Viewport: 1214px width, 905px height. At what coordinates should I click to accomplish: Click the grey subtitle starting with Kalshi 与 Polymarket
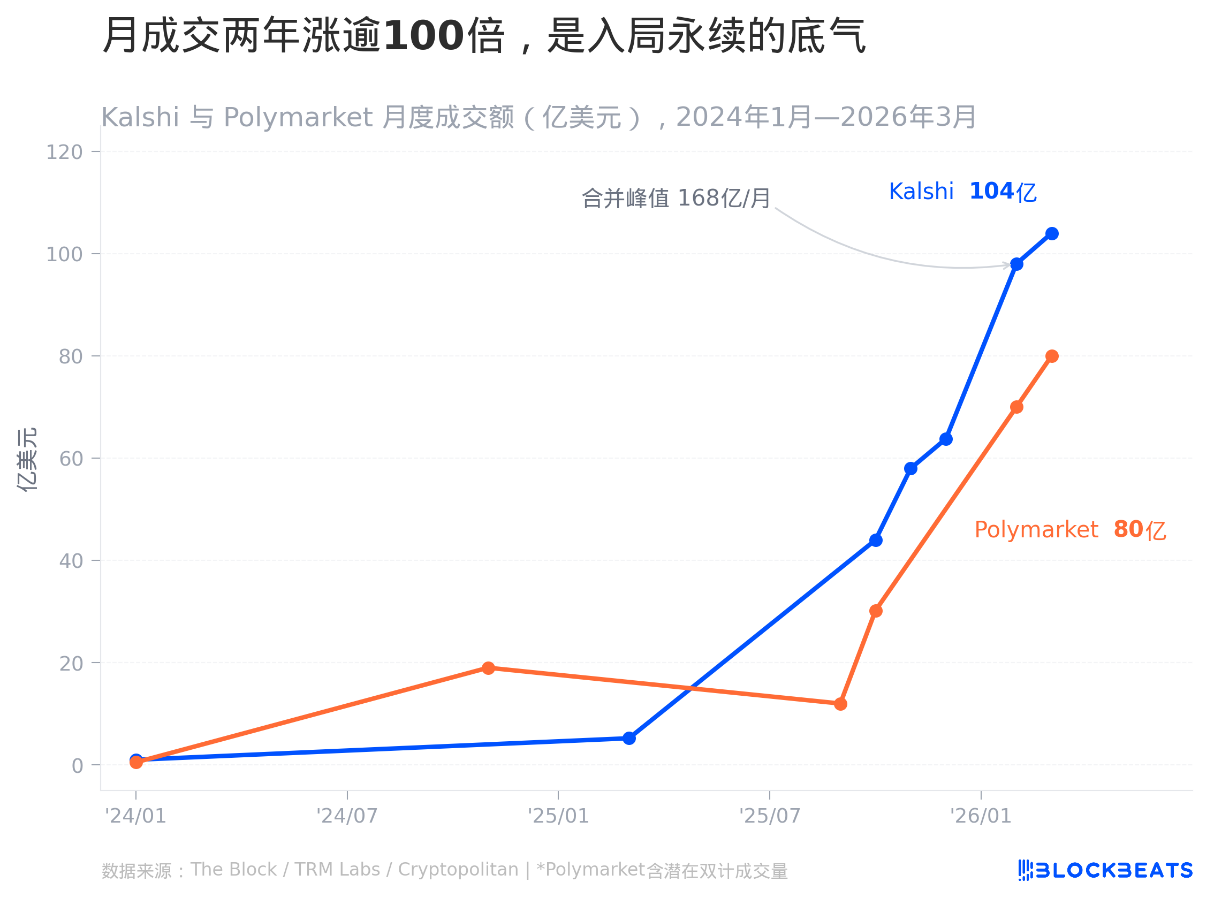click(x=538, y=117)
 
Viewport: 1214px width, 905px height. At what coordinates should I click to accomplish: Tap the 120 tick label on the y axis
click(x=64, y=153)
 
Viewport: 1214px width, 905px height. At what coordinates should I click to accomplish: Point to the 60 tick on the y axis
click(x=71, y=459)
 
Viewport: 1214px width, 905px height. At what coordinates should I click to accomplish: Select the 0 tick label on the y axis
click(x=77, y=766)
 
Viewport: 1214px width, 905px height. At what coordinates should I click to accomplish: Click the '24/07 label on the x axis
click(x=347, y=816)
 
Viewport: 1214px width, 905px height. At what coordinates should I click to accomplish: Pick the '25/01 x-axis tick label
click(x=558, y=816)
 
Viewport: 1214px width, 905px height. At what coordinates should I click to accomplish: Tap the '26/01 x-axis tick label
click(x=981, y=816)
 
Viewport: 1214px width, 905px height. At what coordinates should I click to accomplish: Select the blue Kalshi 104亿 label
click(x=962, y=192)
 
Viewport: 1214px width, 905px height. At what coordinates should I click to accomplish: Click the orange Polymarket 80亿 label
click(x=1070, y=530)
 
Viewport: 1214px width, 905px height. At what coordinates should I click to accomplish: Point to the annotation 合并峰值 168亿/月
click(x=676, y=199)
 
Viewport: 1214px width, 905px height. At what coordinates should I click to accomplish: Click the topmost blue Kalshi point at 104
click(x=1052, y=234)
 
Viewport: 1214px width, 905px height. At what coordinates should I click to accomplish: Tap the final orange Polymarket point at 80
click(x=1052, y=356)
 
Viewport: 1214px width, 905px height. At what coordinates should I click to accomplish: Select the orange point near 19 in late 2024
click(x=488, y=668)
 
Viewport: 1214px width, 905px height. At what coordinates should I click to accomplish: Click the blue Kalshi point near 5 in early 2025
click(x=629, y=739)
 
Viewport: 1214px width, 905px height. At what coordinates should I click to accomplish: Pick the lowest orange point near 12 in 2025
click(x=840, y=704)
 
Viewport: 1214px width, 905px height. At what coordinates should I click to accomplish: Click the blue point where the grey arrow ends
click(x=1017, y=264)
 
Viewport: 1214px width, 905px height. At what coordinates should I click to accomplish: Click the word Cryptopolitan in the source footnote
click(x=458, y=870)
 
